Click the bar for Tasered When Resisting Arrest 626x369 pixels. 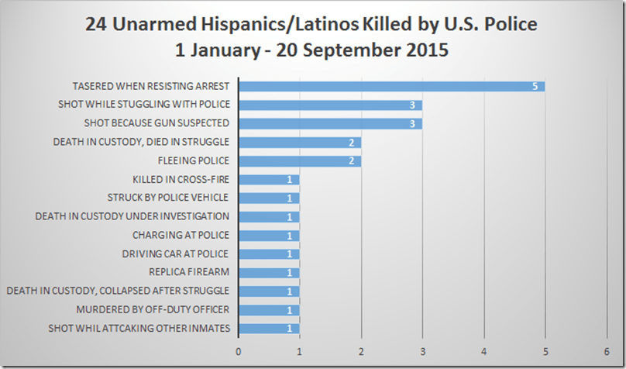[x=391, y=86]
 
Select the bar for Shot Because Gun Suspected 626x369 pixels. [x=330, y=123]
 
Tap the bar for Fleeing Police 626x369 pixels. [x=299, y=160]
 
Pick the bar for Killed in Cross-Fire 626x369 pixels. [x=268, y=179]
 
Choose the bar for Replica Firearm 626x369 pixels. [x=268, y=272]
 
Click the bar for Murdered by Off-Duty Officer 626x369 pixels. [x=268, y=310]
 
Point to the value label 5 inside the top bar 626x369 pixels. [x=535, y=86]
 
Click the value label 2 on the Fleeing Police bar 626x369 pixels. [x=352, y=160]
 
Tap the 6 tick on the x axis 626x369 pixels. [x=607, y=350]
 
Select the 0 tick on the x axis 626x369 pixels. [x=239, y=350]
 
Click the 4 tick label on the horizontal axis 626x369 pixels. [x=484, y=350]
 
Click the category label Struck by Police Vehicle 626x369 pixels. [x=168, y=198]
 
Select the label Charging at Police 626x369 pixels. [x=181, y=235]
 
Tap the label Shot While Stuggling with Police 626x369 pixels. [x=144, y=105]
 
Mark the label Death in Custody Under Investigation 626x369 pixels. [x=132, y=216]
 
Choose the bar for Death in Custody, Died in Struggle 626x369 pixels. [x=299, y=142]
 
